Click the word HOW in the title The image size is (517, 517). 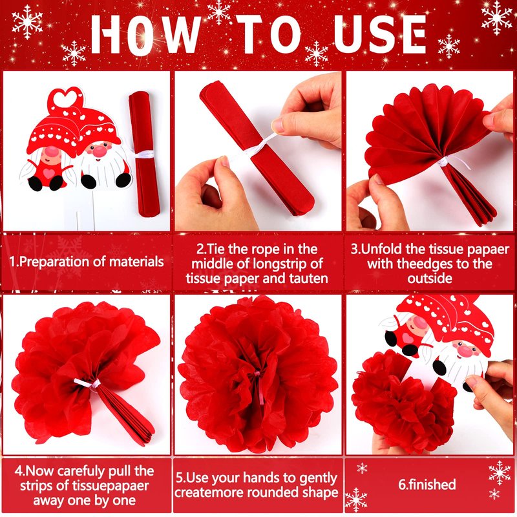click(145, 34)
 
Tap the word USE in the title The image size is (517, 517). click(380, 34)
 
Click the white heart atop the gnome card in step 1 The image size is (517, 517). click(65, 98)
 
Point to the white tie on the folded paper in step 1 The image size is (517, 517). click(143, 154)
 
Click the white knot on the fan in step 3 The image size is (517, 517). click(443, 162)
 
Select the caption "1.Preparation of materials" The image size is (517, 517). click(87, 262)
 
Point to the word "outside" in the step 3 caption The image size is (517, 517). click(430, 279)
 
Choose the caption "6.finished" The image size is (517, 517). click(427, 484)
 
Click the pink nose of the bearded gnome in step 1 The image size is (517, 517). click(100, 151)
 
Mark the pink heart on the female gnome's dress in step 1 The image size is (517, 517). click(49, 173)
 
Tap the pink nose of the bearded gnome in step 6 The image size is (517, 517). click(465, 352)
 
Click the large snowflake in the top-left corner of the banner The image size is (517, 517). click(27, 21)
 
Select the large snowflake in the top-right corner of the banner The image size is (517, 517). click(496, 17)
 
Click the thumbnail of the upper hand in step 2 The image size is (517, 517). click(278, 125)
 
